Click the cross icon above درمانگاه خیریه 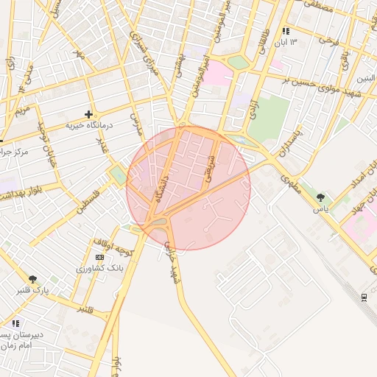click(89, 114)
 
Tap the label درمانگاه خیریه click(88, 126)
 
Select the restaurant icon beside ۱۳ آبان click(285, 31)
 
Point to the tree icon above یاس click(320, 197)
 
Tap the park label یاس click(320, 209)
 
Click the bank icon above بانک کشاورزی click(99, 256)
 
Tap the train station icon click(365, 297)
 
